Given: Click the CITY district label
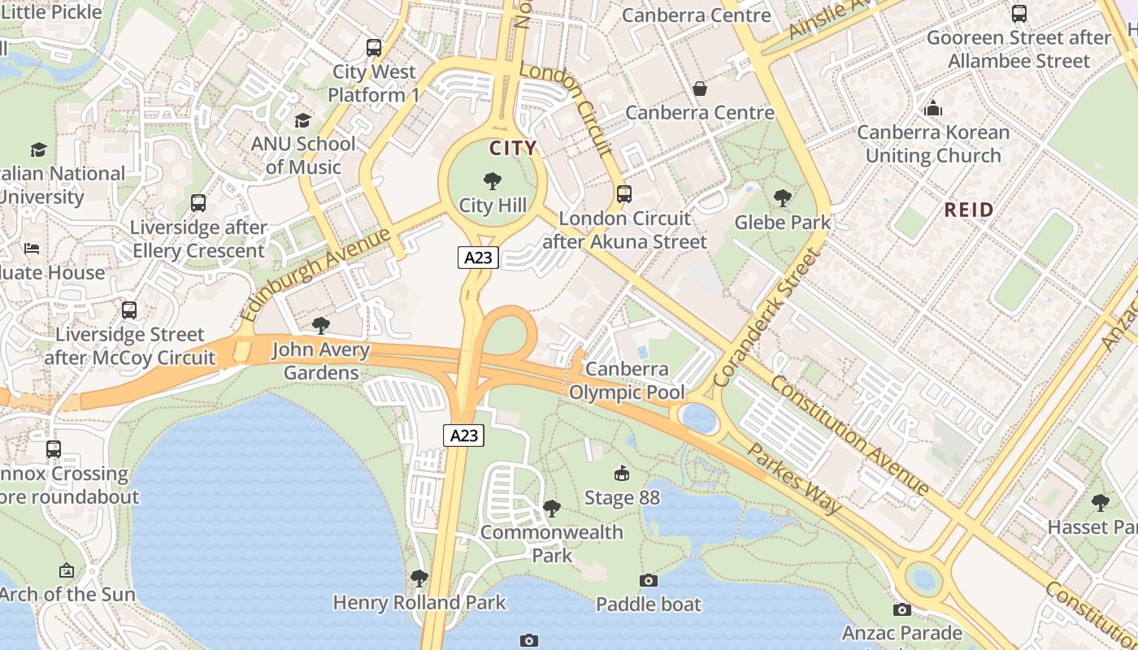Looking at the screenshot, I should (x=513, y=148).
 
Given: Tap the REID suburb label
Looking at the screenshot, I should (x=969, y=210).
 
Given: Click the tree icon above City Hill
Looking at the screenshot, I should (x=492, y=180).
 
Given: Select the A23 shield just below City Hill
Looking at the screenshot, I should (x=477, y=258).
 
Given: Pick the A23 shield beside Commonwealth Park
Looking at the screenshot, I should (x=464, y=435).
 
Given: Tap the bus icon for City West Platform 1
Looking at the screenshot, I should (x=374, y=48).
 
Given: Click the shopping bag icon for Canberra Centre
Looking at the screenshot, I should (x=699, y=89).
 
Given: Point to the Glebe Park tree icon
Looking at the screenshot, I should (x=783, y=197).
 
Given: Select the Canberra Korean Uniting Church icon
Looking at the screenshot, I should (x=933, y=108).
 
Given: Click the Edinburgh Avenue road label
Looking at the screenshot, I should (x=317, y=274).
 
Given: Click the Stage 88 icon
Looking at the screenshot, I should (x=622, y=473).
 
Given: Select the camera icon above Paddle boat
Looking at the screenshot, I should (x=648, y=580).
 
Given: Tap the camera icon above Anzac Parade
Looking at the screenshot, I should (x=901, y=609).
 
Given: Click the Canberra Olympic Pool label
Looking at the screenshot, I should (x=627, y=380).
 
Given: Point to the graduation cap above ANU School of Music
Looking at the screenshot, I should (x=303, y=120).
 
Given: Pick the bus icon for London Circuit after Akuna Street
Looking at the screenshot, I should (x=624, y=194).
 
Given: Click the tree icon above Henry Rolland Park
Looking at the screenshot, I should (x=419, y=578).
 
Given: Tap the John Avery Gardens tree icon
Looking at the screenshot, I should (x=321, y=326).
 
